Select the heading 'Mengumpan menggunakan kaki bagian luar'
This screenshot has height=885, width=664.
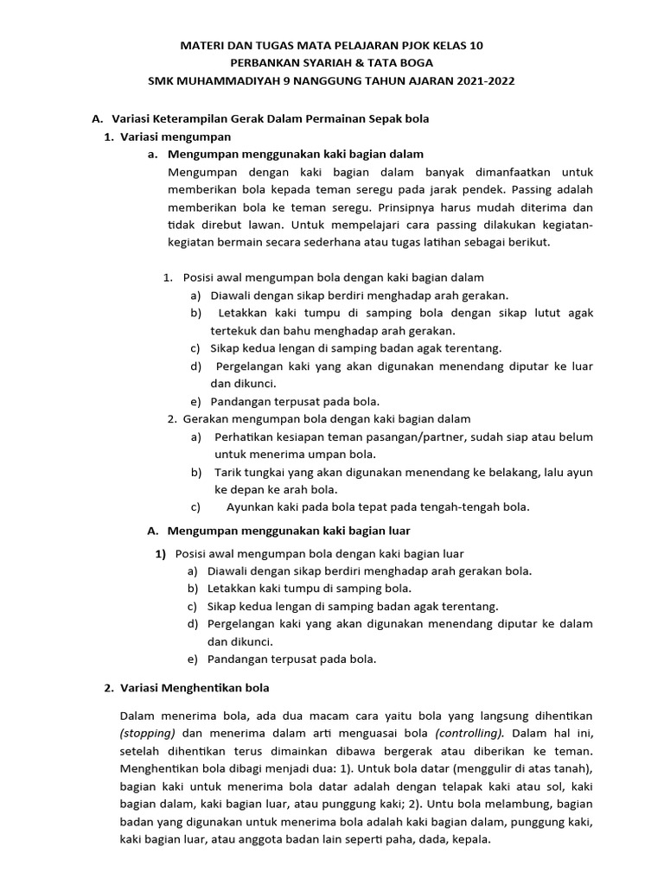[289, 530]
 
